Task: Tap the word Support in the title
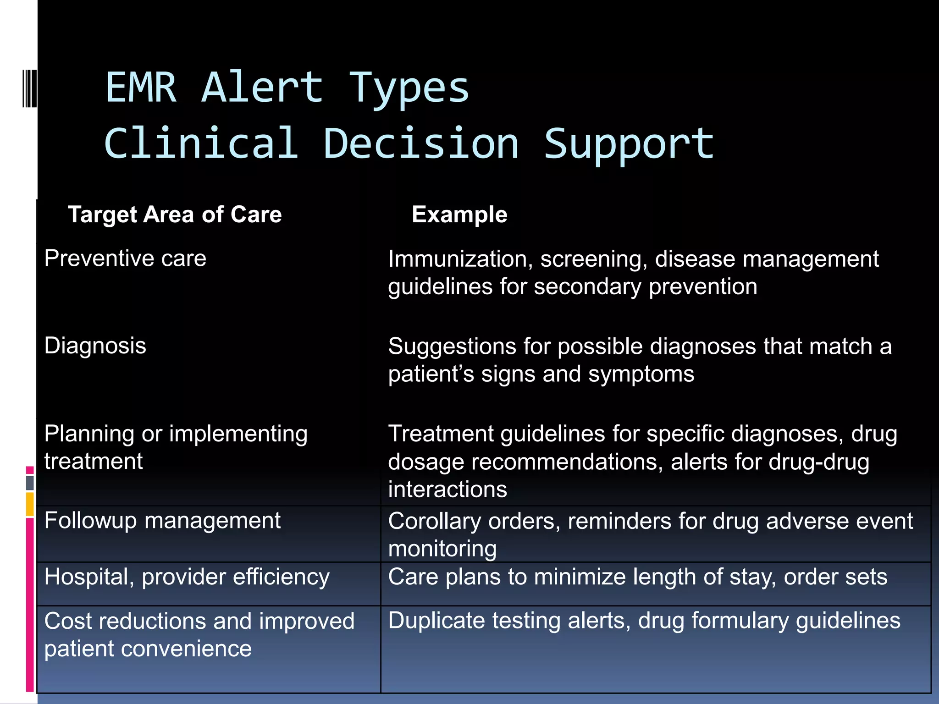pyautogui.click(x=629, y=144)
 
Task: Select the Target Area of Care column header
pyautogui.click(x=175, y=214)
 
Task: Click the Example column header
pyautogui.click(x=459, y=214)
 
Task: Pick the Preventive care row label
pyautogui.click(x=125, y=258)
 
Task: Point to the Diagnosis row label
pyautogui.click(x=95, y=346)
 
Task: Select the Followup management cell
pyautogui.click(x=162, y=521)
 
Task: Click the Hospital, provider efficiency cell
pyautogui.click(x=187, y=577)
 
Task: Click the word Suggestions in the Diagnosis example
pyautogui.click(x=452, y=346)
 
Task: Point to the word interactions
pyautogui.click(x=447, y=489)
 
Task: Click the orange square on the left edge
pyautogui.click(x=30, y=504)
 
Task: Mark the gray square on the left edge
pyautogui.click(x=30, y=483)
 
